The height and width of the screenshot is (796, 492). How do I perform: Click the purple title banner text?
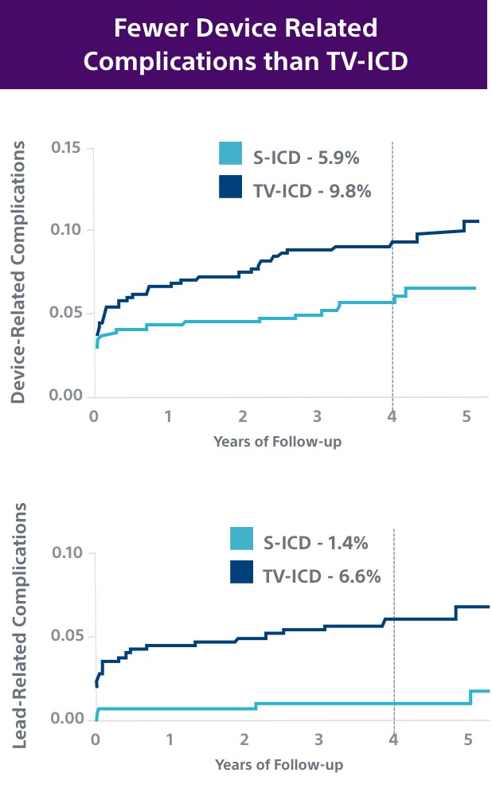(245, 45)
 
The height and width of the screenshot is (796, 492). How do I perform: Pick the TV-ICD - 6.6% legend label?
(322, 576)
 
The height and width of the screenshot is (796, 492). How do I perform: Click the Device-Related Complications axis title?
(20, 272)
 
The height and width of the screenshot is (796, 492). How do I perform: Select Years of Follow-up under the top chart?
(277, 441)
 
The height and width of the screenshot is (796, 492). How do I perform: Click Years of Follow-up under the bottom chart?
(279, 765)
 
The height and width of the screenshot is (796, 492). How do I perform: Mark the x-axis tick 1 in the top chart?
(169, 416)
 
